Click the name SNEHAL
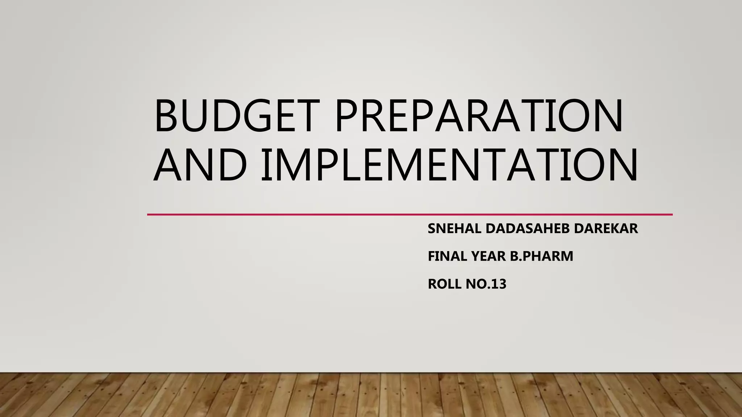click(x=454, y=229)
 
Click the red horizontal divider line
click(x=409, y=215)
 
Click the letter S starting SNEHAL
click(x=432, y=229)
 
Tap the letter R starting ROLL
click(x=433, y=284)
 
